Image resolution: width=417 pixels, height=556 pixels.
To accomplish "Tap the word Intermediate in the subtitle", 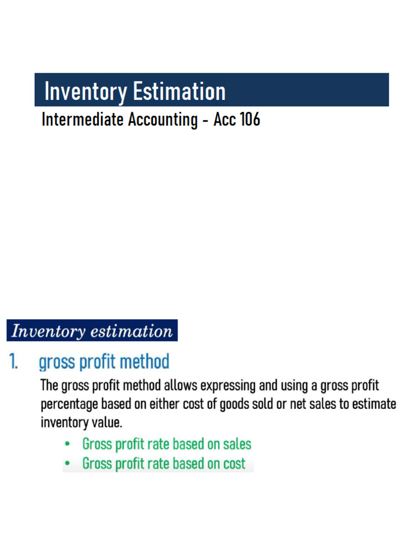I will [83, 119].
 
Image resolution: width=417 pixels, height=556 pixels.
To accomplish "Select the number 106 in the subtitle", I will [250, 119].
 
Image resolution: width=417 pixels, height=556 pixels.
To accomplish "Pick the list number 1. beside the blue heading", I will [14, 362].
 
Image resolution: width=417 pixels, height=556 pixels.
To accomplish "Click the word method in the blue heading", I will [146, 362].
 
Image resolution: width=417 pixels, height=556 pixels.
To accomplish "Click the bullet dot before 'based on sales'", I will [67, 444].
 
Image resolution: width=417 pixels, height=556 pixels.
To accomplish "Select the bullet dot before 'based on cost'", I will [67, 464].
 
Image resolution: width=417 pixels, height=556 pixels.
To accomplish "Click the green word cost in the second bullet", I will [234, 464].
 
